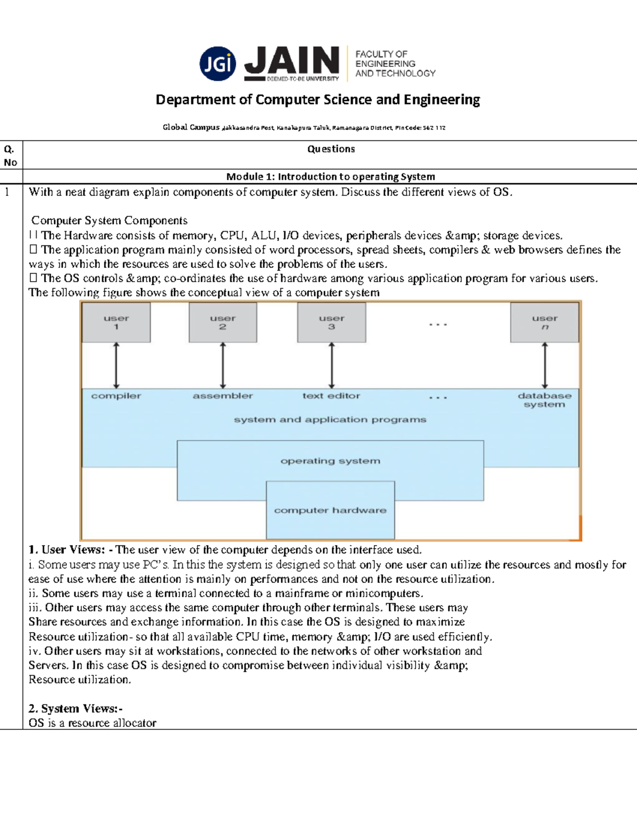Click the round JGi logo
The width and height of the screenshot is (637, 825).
tap(218, 64)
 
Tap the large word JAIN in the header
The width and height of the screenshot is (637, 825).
tap(291, 60)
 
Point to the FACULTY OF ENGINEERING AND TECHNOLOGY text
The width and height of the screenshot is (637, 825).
tap(395, 64)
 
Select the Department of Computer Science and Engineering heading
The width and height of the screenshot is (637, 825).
tap(317, 100)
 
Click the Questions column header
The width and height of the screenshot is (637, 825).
tap(331, 149)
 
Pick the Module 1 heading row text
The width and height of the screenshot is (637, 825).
tap(330, 176)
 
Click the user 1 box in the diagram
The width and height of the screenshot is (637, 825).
tap(116, 322)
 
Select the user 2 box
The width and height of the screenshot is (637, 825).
tap(223, 322)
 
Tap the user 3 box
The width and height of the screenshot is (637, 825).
tap(332, 322)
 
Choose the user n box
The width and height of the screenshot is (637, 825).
tap(545, 322)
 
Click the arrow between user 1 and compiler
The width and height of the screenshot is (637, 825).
tap(116, 365)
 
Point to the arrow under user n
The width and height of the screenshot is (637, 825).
tap(545, 365)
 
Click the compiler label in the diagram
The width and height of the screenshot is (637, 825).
tap(116, 396)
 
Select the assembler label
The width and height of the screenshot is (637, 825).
tap(223, 396)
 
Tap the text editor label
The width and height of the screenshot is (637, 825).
tap(331, 396)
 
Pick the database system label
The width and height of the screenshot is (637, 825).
tap(545, 400)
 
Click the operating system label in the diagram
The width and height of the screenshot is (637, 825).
tap(330, 461)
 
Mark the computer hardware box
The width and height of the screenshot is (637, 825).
tap(330, 511)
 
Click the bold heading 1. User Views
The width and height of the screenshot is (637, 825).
tap(67, 550)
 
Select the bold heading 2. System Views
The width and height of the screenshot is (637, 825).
tap(75, 709)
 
